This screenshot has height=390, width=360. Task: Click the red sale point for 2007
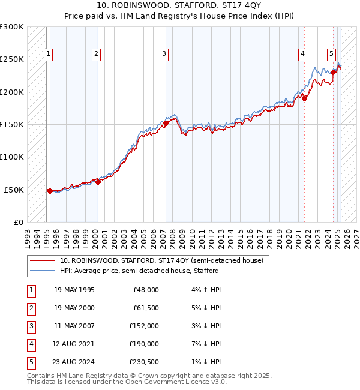point(166,124)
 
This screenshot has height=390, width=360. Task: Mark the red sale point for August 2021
point(305,98)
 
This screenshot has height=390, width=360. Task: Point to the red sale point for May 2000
point(98,182)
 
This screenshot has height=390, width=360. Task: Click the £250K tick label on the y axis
point(12,59)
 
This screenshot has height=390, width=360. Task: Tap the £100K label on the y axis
point(12,157)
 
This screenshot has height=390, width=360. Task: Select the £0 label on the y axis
point(18,222)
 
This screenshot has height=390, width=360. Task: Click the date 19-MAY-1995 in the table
point(74,290)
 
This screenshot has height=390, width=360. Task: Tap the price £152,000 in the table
point(145,326)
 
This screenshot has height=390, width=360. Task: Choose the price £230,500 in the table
point(145,362)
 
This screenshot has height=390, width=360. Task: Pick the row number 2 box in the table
point(31,308)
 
